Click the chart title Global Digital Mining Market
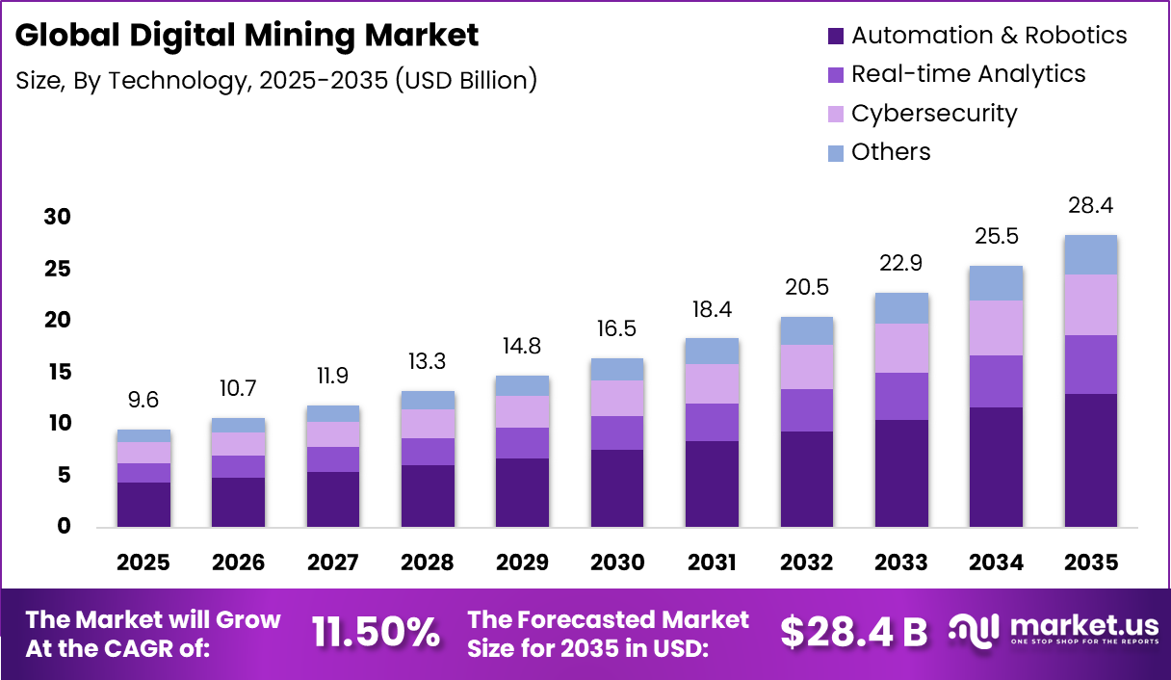[x=247, y=36]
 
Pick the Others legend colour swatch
[x=835, y=152]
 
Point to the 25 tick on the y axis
[x=57, y=269]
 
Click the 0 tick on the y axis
[x=65, y=526]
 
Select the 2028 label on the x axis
[x=428, y=562]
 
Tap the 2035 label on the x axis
[x=1091, y=562]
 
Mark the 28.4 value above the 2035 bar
[x=1091, y=205]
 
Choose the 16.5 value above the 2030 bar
[x=617, y=329]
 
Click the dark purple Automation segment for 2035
[x=1091, y=459]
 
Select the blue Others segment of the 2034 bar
[x=996, y=283]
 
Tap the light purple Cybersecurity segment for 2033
[x=901, y=348]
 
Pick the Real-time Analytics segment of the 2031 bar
[x=713, y=422]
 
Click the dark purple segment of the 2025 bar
[x=143, y=504]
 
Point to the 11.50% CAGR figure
[x=376, y=632]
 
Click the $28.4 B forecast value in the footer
[x=853, y=632]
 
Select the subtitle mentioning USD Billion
[x=276, y=80]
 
